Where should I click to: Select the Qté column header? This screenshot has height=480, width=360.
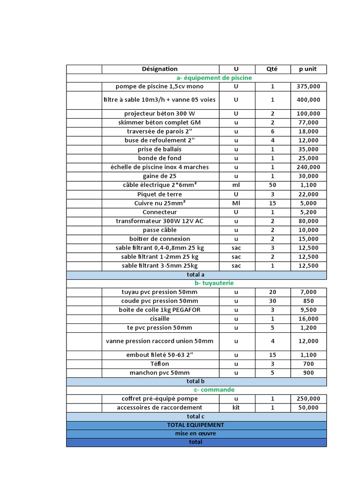tap(272, 69)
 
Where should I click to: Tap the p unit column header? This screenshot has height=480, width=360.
tap(308, 69)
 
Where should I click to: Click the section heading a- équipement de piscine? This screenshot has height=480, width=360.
tap(214, 78)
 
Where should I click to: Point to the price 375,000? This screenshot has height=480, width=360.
tap(308, 87)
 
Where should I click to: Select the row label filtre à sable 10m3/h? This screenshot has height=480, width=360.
tap(160, 100)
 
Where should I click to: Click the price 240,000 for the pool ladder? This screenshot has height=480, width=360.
tap(308, 167)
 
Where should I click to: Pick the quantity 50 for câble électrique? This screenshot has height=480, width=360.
tap(272, 185)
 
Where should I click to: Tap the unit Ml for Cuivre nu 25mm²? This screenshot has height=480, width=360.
tap(236, 203)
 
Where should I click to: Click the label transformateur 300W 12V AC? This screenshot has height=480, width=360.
tap(160, 221)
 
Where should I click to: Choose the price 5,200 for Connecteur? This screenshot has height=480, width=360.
tap(308, 212)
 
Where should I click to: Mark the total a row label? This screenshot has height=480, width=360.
tap(196, 275)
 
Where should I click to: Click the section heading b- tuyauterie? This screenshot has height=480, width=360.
tap(214, 283)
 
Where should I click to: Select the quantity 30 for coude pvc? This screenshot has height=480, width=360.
tap(272, 301)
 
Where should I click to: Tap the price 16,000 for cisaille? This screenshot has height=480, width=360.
tap(308, 319)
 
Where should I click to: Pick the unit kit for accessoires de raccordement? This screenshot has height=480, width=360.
tap(236, 408)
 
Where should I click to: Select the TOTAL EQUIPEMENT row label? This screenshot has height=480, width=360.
tap(196, 425)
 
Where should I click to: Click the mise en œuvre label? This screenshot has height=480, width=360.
tap(196, 434)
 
